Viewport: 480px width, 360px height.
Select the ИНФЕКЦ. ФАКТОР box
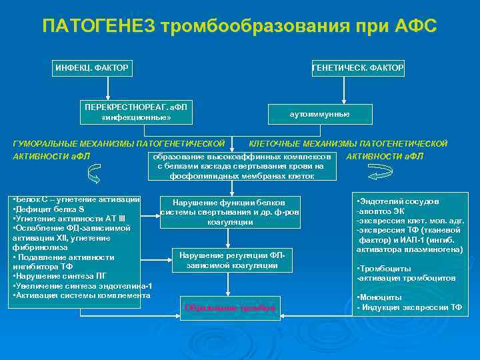pos(92,67)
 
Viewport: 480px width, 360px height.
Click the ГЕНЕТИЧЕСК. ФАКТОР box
pos(358,67)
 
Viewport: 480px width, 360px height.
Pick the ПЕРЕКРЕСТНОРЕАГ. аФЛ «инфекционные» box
pos(136,113)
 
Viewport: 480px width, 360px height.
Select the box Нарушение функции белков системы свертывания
pos(229,211)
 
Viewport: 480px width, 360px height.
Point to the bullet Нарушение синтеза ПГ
pos(60,275)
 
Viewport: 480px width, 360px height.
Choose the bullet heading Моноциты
pos(380,297)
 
